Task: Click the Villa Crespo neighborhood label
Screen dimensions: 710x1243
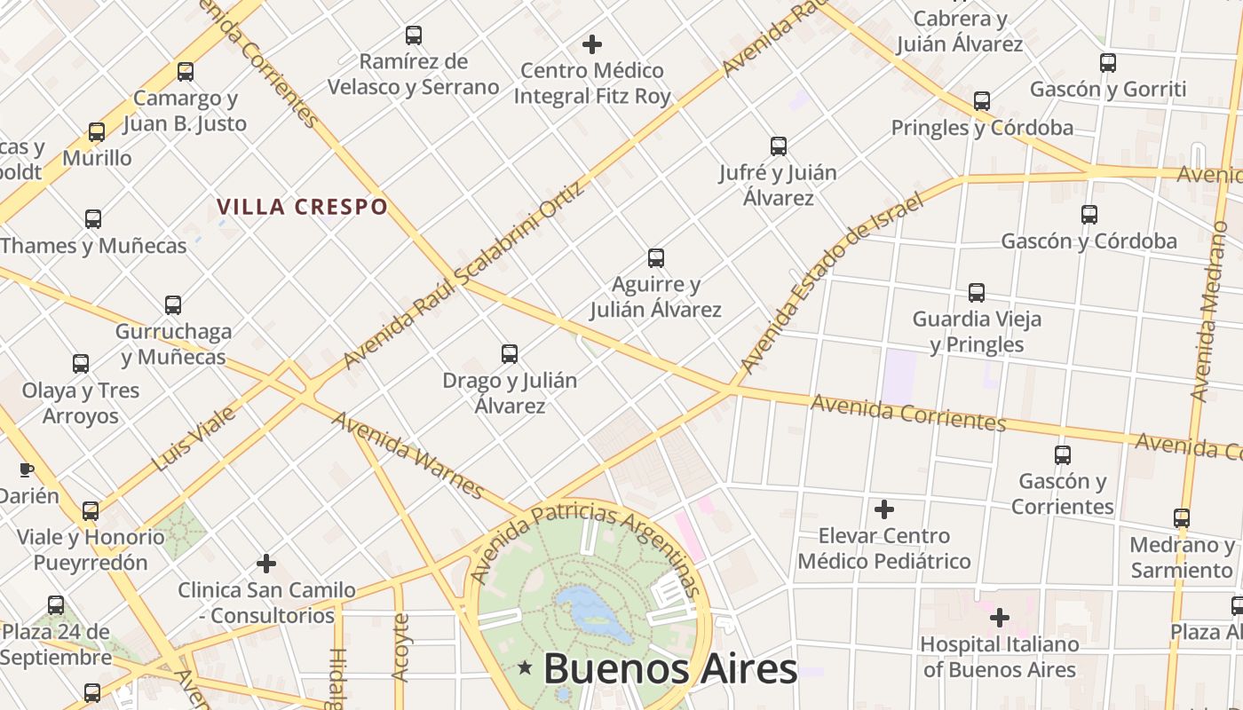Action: [x=303, y=207]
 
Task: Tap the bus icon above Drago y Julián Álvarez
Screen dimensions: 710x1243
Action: [x=510, y=354]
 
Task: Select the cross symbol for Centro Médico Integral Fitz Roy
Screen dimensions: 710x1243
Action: [x=592, y=43]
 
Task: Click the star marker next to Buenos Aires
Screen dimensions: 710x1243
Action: [x=526, y=667]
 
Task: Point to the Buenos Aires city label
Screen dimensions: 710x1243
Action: [x=670, y=668]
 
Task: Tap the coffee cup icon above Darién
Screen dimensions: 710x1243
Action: [x=27, y=469]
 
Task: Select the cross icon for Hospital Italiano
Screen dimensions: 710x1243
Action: [x=1000, y=617]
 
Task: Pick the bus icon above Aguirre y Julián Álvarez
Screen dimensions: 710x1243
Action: [x=656, y=258]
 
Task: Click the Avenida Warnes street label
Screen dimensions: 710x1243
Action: [x=408, y=454]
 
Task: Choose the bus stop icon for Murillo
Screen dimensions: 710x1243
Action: [x=97, y=132]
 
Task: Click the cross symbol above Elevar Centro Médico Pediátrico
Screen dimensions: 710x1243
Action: [x=884, y=509]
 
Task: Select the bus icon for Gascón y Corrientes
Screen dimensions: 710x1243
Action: [x=1063, y=455]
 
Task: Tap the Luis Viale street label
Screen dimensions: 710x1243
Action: [x=194, y=438]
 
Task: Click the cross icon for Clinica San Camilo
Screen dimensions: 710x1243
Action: [x=266, y=564]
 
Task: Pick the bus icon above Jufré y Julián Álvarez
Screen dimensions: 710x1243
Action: [x=779, y=146]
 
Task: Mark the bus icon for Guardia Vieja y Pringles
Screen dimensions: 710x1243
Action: [x=977, y=292]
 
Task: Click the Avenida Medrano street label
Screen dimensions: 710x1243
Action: [x=1213, y=311]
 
